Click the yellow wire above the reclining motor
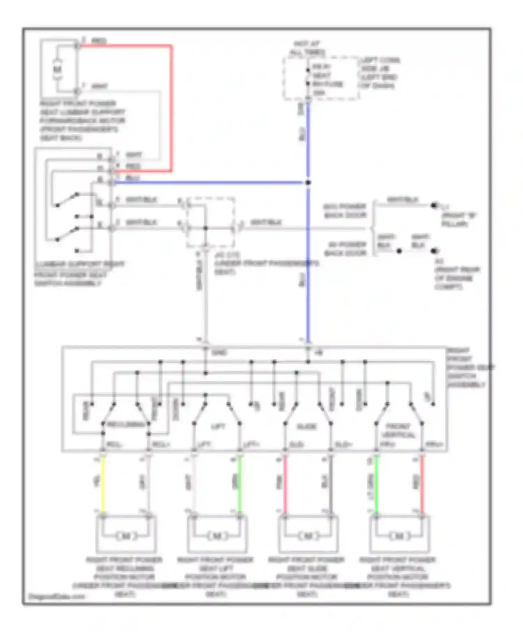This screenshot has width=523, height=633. (103, 485)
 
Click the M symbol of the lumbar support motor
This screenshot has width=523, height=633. (57, 69)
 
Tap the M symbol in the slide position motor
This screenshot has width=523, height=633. (308, 536)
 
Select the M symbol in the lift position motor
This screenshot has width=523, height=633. (217, 536)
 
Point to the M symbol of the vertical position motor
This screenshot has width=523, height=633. (399, 536)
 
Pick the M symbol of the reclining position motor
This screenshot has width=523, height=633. (126, 536)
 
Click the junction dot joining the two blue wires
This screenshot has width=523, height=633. (308, 183)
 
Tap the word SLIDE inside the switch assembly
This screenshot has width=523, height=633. (307, 426)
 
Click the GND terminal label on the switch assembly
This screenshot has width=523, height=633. (220, 353)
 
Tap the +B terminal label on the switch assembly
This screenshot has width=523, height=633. (318, 353)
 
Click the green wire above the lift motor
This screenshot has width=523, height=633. (240, 485)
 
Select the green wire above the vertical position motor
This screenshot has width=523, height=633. (376, 485)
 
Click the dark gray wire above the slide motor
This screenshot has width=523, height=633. (331, 485)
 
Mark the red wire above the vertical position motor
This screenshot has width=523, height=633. (422, 485)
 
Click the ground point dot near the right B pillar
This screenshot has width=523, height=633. (433, 206)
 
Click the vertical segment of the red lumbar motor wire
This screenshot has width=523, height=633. (171, 108)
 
